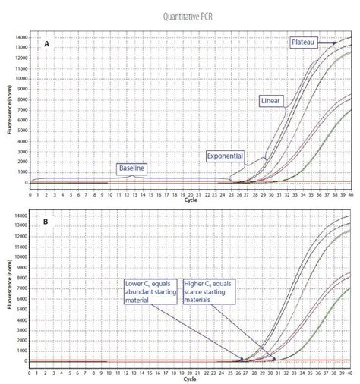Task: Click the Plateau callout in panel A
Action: tap(305, 42)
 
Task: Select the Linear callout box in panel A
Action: tap(270, 100)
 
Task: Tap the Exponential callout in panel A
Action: tap(225, 156)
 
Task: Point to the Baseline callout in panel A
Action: tap(131, 167)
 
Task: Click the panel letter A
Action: tap(46, 45)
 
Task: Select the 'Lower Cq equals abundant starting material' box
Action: tap(148, 290)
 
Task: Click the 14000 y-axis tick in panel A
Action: tap(17, 37)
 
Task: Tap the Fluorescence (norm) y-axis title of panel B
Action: tap(9, 289)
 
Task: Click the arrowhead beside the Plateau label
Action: tap(334, 42)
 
